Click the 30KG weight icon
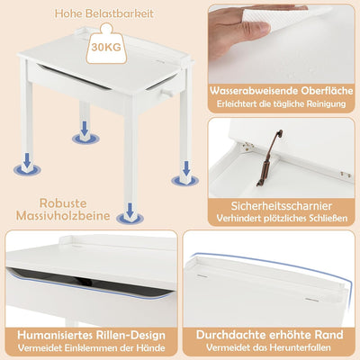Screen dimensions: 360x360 click(x=106, y=44)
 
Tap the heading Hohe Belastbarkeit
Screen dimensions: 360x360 click(x=104, y=13)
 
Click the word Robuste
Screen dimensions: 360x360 click(x=63, y=203)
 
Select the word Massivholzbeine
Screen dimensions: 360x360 click(x=63, y=216)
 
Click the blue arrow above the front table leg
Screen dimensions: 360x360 click(x=130, y=210)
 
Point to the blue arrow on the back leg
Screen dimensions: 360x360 click(x=85, y=128)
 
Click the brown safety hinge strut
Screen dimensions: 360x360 click(x=269, y=158)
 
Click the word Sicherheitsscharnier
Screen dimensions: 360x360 click(x=282, y=206)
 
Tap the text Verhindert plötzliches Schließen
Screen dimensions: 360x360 click(x=282, y=218)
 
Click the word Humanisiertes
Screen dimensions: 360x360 click(x=56, y=335)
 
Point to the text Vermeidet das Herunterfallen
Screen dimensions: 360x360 click(x=268, y=347)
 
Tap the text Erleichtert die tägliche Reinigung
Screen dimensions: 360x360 click(x=282, y=103)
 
